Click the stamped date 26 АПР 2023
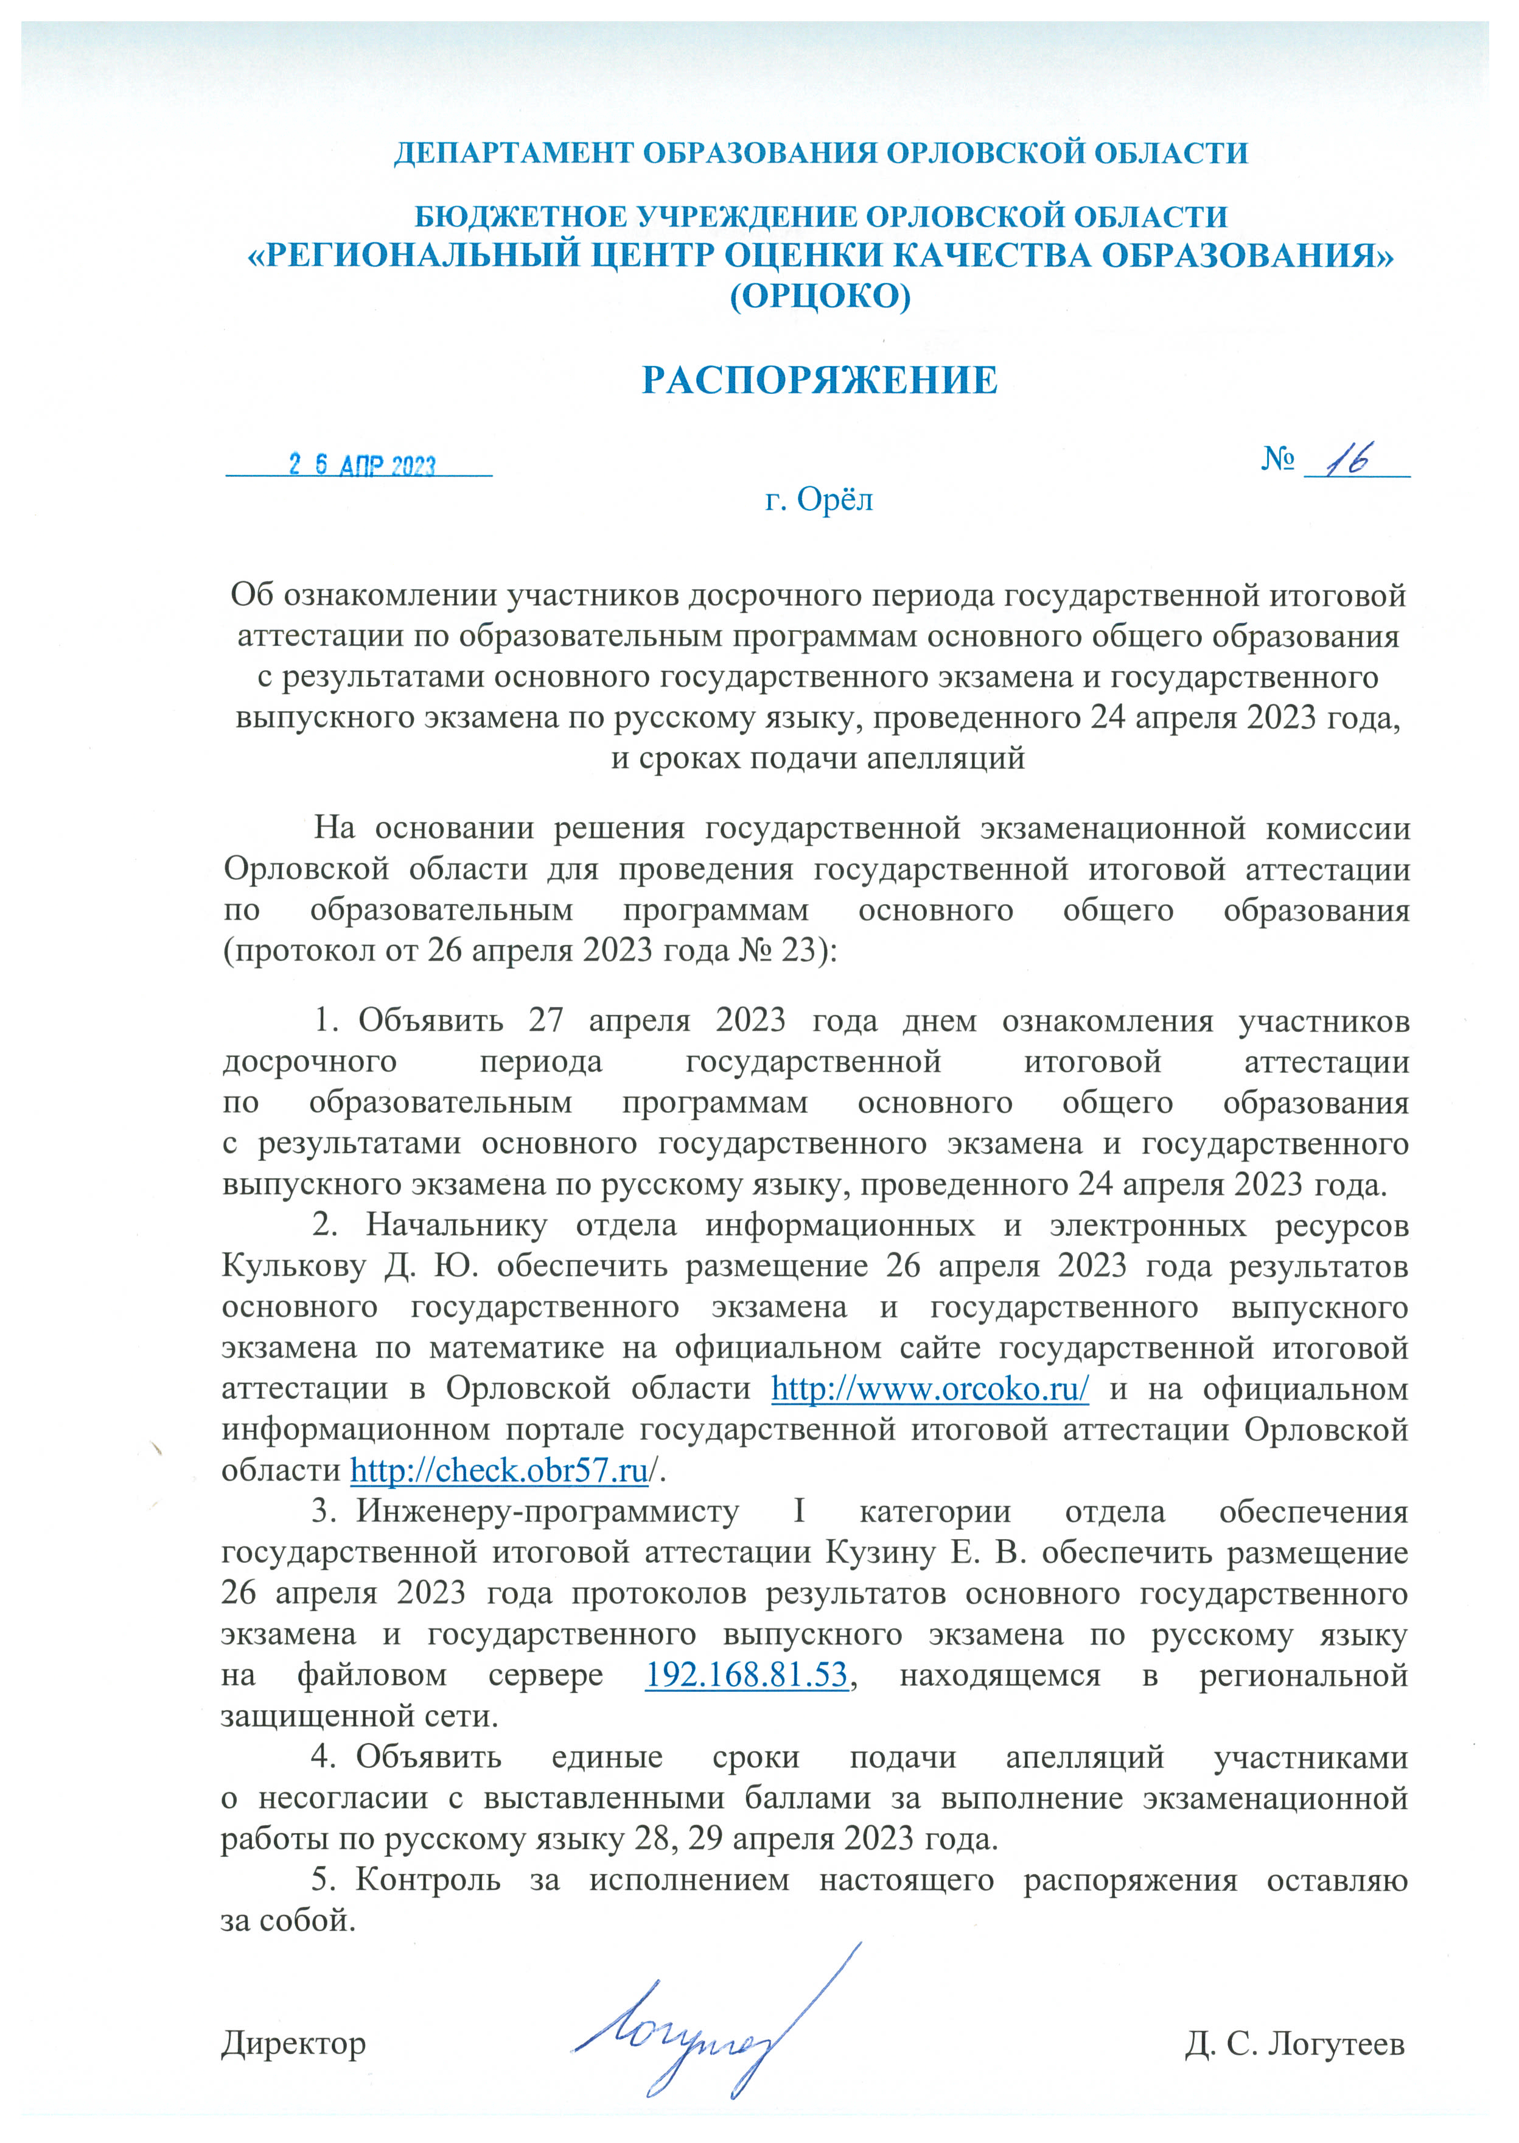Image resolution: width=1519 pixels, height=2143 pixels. pos(362,465)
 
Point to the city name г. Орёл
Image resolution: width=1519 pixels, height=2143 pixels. pos(819,500)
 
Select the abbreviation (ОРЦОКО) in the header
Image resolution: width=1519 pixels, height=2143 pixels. pos(819,296)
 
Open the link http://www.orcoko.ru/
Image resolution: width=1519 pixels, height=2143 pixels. pos(930,1389)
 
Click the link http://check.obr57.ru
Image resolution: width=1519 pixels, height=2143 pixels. pos(498,1471)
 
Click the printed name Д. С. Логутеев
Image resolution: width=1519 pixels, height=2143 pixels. pos(1294,2044)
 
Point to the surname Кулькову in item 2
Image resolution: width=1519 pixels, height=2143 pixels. pos(294,1266)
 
